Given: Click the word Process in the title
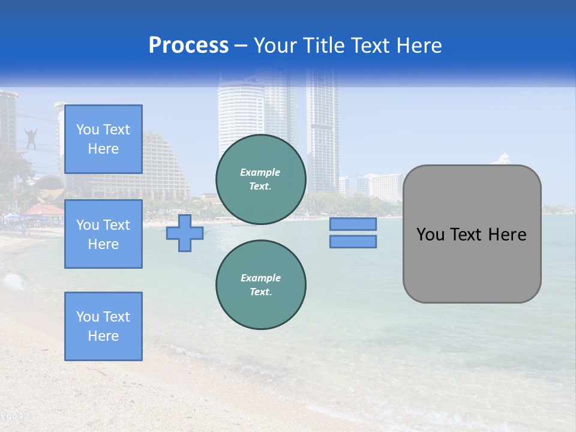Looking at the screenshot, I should pos(188,46).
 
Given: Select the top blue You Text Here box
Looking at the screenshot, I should pos(103,139).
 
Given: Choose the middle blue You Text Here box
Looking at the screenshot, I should pos(103,234).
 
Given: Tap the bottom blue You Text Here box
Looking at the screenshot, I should pos(103,326).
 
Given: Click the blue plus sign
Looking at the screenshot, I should pos(185,233).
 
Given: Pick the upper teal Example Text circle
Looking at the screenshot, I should pos(260,179).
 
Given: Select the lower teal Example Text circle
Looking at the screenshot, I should pos(260,285).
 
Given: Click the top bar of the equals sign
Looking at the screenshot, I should pos(353,224).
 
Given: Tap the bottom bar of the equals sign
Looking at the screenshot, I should pos(353,241).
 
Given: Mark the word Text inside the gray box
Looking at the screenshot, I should pos(467,235).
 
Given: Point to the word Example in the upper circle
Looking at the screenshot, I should pos(260,172).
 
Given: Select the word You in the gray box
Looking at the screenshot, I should pos(430,235).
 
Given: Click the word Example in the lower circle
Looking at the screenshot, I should pos(260,278).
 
